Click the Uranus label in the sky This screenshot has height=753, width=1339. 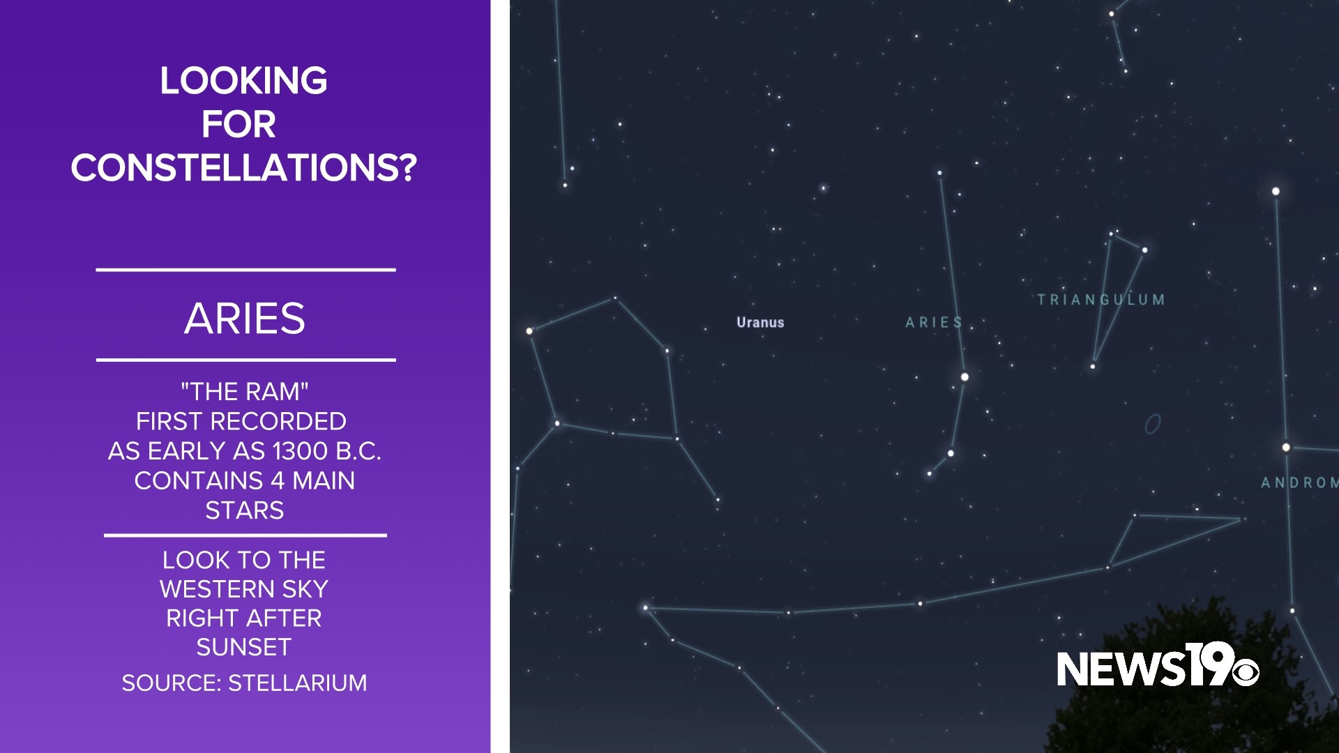[x=760, y=322]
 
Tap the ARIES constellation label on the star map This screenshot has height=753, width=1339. [x=934, y=322]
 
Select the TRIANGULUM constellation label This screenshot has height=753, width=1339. [x=1100, y=300]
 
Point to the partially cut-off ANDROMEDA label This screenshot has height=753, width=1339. [x=1299, y=482]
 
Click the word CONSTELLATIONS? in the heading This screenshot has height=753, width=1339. [x=244, y=167]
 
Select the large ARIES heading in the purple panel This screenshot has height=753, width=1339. [x=245, y=319]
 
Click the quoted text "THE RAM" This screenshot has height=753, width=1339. [x=245, y=392]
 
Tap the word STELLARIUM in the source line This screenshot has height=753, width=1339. [x=297, y=683]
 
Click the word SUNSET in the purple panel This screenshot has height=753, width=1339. [x=243, y=647]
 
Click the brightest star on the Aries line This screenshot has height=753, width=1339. [x=964, y=376]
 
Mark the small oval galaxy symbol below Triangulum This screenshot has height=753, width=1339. [x=1153, y=424]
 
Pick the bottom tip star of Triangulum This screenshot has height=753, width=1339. [x=1093, y=366]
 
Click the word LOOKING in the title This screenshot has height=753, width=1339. [x=243, y=81]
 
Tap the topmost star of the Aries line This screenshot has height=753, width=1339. [x=939, y=172]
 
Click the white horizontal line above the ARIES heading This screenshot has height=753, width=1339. [x=245, y=269]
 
